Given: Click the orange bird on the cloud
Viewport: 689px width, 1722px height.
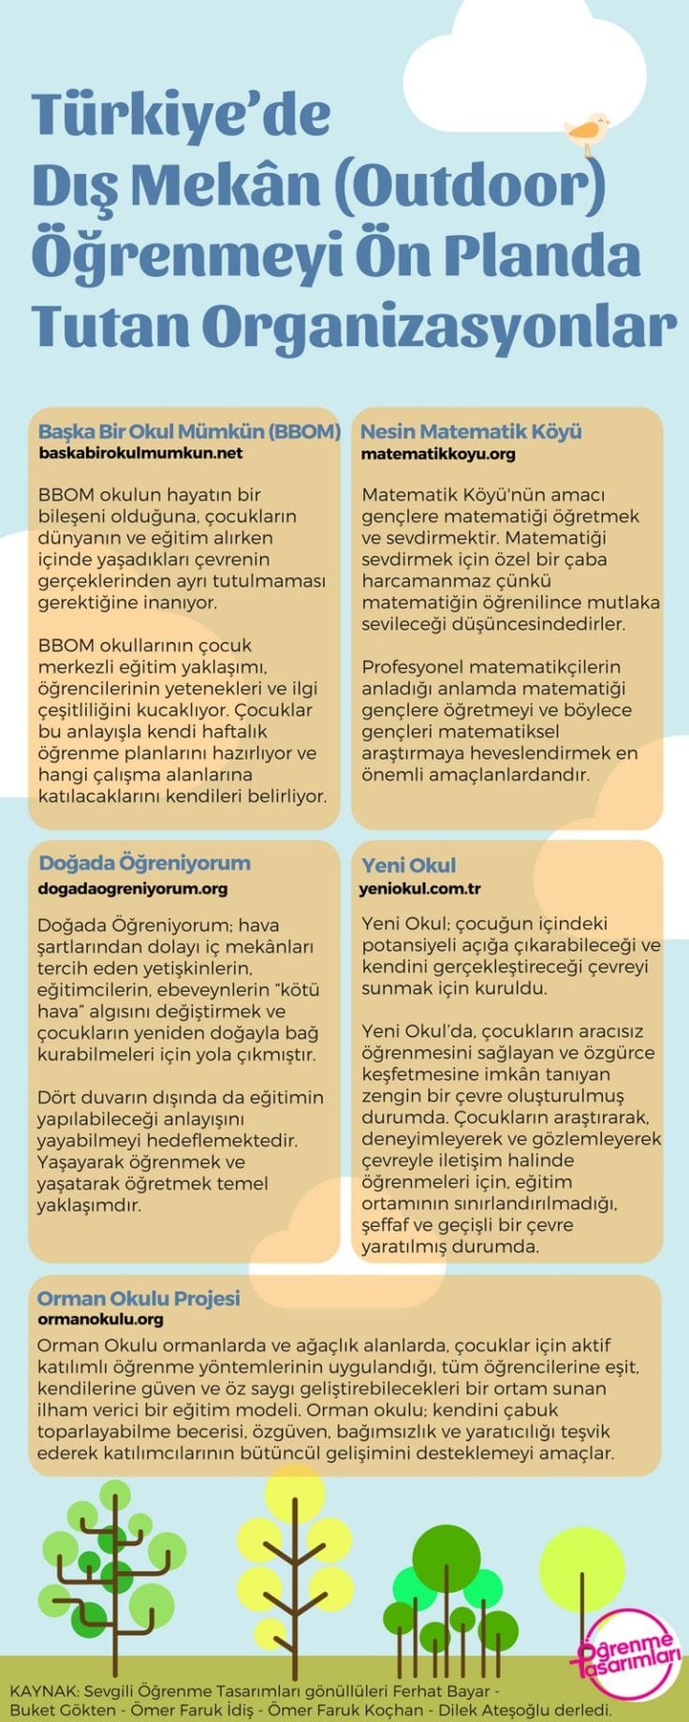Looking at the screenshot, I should [x=588, y=133].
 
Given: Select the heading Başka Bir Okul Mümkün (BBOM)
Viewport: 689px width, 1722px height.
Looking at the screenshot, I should [x=189, y=431].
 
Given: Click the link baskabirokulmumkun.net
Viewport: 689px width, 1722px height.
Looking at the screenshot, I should [x=140, y=453].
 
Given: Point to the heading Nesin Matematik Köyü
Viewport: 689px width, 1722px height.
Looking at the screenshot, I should [x=471, y=431].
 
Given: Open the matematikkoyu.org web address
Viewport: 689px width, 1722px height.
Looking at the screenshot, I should [x=438, y=454].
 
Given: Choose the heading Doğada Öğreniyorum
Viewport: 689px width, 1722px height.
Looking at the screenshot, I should [x=144, y=863].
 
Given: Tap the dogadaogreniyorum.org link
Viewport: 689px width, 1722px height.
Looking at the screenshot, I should [x=132, y=888].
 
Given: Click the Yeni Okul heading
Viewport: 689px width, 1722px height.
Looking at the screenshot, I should [x=408, y=865].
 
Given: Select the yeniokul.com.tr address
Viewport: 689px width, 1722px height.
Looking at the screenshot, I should [x=419, y=888].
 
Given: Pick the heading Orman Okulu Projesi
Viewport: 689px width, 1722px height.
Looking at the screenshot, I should [x=139, y=1298].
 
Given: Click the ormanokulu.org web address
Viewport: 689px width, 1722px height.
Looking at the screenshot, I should [x=100, y=1319].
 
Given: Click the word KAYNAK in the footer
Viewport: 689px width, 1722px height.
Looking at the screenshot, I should [x=43, y=1691].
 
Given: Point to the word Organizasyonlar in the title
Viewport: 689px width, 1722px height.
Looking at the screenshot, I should [x=438, y=326].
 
